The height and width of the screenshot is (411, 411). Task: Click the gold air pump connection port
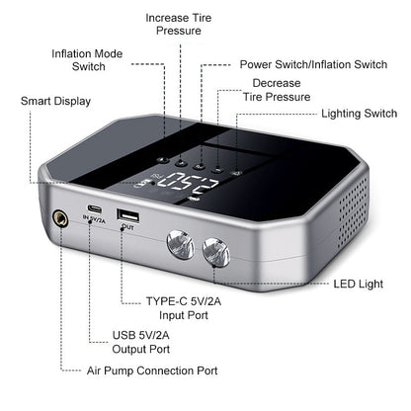(x=60, y=218)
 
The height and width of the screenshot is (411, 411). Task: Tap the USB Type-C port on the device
(x=94, y=208)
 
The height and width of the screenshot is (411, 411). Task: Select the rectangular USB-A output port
(x=127, y=215)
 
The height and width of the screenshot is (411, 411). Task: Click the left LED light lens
(x=181, y=244)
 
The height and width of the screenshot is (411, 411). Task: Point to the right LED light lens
(x=216, y=252)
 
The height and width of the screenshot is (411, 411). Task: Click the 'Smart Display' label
(x=55, y=101)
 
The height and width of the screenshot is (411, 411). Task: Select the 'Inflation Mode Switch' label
(x=87, y=60)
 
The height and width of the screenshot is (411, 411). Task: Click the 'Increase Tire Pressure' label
(x=179, y=24)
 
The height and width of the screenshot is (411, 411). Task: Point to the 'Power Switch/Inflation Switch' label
(x=313, y=64)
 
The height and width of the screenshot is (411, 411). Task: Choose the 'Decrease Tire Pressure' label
(x=277, y=90)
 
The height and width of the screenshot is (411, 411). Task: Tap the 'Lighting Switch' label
(x=359, y=114)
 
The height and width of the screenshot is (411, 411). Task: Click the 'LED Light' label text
(x=359, y=284)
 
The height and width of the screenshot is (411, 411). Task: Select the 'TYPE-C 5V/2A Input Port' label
(x=184, y=308)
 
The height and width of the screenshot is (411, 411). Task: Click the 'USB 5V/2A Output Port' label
(x=141, y=342)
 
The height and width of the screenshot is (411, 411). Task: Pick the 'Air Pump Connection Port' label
(x=152, y=370)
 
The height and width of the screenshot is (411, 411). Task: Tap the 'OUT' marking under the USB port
(x=127, y=227)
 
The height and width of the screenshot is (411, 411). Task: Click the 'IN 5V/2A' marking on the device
(x=94, y=219)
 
